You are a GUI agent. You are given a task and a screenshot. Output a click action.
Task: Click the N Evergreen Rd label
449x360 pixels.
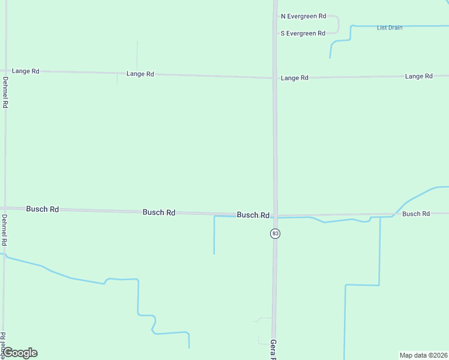click(303, 16)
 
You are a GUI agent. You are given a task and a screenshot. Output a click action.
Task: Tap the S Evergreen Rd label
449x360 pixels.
click(303, 33)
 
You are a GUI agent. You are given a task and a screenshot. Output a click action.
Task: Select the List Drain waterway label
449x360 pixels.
click(390, 28)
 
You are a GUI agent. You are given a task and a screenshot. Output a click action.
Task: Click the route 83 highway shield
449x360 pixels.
click(275, 233)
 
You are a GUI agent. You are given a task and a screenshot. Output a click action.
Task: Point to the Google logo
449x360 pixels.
click(20, 353)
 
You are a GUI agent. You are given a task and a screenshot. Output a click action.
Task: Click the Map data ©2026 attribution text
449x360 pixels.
click(423, 355)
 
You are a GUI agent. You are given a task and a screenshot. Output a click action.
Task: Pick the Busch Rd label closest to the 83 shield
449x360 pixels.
click(253, 215)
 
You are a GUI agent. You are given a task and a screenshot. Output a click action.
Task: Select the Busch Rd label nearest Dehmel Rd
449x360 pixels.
click(42, 209)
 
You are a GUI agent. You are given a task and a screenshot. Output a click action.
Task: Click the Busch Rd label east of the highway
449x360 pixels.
click(416, 214)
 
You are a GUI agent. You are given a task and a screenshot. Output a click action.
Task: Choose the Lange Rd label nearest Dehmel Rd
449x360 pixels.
click(25, 71)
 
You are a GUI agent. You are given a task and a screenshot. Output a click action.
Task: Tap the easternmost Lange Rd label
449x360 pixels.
click(418, 76)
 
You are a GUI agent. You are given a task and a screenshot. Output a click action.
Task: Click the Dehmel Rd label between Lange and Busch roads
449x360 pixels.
click(5, 92)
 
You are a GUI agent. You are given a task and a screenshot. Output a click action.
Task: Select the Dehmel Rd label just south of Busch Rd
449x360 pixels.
click(4, 230)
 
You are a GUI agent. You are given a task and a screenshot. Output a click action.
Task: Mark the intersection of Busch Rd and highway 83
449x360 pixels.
click(275, 215)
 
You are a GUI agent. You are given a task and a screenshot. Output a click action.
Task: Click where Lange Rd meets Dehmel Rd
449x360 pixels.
click(5, 71)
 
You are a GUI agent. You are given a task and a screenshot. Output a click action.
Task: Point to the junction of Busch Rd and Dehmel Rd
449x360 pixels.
click(5, 208)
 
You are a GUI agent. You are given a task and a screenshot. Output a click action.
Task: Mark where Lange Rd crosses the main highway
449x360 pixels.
click(274, 77)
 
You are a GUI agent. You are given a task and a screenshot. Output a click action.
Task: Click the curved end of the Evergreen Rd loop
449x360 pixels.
click(338, 25)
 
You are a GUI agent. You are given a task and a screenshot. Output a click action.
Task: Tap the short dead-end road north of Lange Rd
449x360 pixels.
click(137, 54)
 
